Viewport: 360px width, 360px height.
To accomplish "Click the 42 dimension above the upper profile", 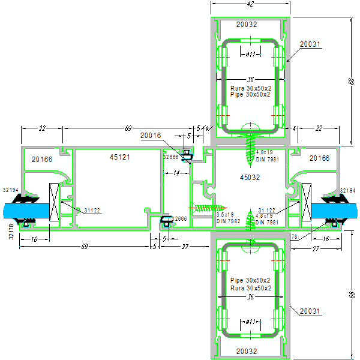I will pos(251,5).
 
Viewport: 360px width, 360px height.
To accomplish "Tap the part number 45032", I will pos(250,178).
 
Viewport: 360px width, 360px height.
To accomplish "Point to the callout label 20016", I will pos(151,136).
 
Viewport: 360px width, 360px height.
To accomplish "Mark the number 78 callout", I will pos(294,238).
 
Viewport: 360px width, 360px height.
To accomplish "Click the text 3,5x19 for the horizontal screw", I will pos(225,215).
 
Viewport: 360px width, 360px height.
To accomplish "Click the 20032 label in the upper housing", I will pos(247,25).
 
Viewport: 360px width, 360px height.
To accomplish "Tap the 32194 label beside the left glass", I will pos(11,190).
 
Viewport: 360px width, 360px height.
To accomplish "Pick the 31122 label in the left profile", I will pos(92,210).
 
